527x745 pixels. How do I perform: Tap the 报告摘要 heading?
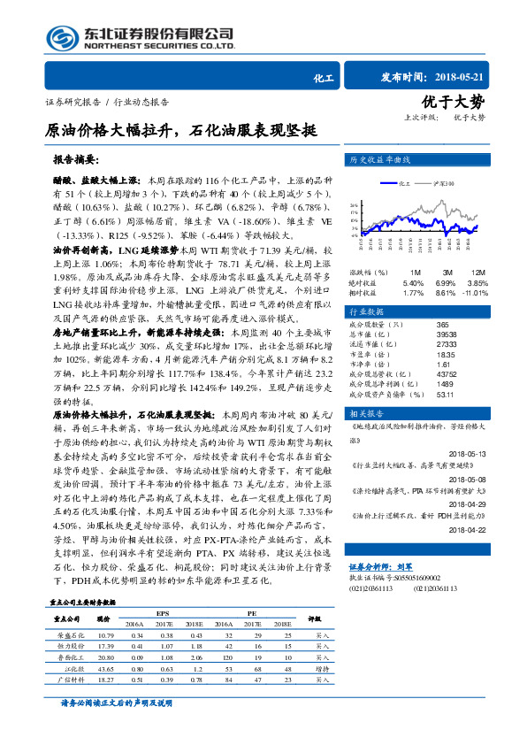coord(77,160)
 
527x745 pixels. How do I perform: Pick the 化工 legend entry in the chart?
coord(405,184)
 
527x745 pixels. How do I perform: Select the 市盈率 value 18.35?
coord(445,354)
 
